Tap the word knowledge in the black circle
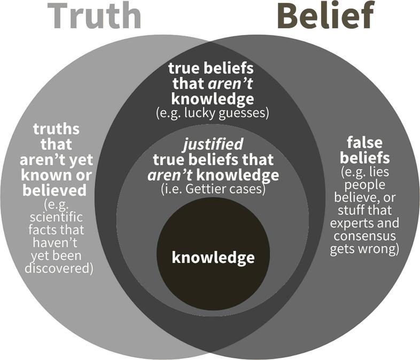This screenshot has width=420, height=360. [213, 258]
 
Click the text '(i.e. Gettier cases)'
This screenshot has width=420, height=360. [213, 189]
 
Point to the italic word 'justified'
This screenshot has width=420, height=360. [213, 144]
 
